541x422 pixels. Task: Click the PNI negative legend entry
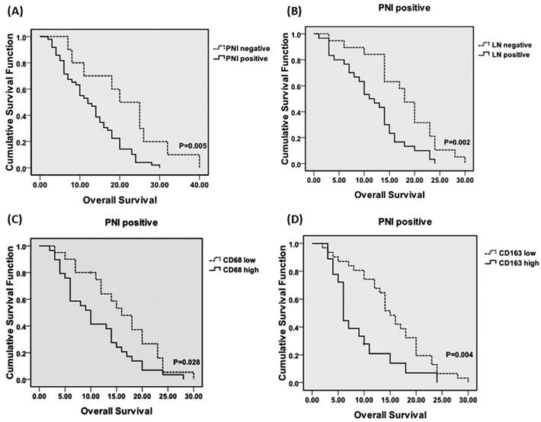242,49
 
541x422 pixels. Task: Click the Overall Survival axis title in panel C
114,411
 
